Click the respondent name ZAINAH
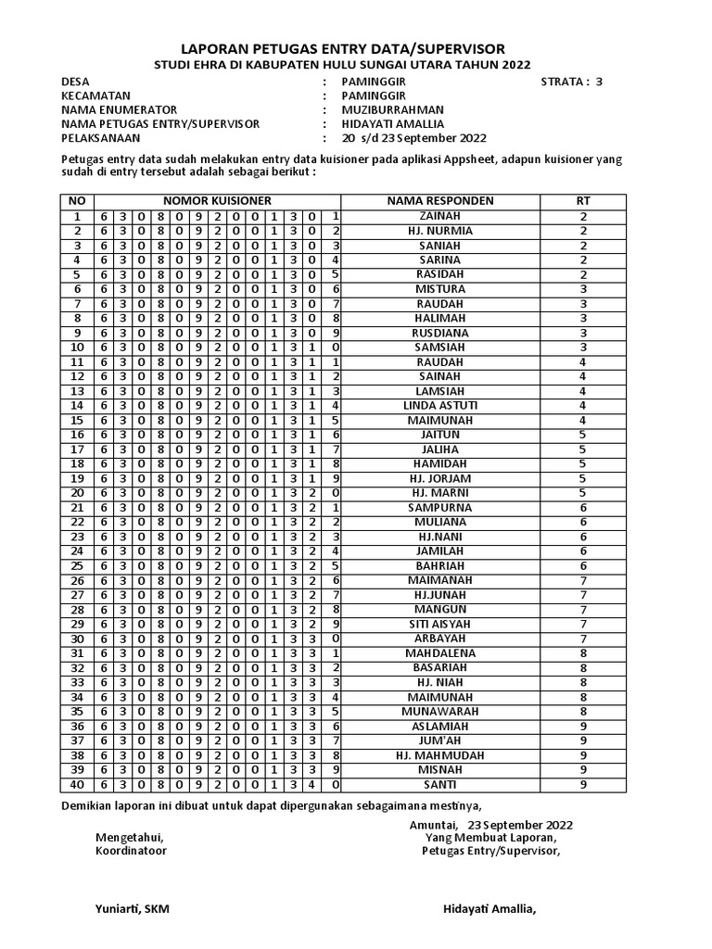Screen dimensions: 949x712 439,216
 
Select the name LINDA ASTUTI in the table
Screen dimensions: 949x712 439,406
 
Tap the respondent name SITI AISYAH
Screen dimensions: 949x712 439,625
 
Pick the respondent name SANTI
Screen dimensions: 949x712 439,785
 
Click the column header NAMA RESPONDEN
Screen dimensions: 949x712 439,201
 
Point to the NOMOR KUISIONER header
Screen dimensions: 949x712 218,201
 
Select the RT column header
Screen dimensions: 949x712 583,201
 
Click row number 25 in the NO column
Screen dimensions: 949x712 78,566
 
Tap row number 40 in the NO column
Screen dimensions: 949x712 78,785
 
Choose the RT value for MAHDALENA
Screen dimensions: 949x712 583,653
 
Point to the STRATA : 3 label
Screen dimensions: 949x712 571,82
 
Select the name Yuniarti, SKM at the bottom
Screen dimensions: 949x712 132,909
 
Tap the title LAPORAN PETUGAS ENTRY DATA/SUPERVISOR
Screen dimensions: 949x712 355,48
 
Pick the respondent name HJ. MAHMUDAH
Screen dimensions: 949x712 439,756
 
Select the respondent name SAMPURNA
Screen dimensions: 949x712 439,508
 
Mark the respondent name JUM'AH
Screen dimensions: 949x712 439,741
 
